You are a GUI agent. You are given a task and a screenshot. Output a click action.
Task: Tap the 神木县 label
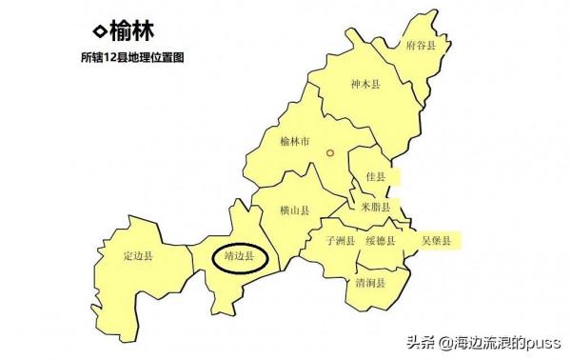(x=364, y=85)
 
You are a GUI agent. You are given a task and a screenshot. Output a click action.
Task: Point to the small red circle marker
(x=330, y=151)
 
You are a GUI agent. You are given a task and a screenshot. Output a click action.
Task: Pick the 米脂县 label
(x=376, y=207)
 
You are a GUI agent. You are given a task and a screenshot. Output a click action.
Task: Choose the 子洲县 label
(x=340, y=240)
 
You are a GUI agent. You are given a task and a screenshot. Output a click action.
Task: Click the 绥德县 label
(x=381, y=240)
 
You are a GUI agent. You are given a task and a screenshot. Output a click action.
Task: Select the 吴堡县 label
(x=436, y=239)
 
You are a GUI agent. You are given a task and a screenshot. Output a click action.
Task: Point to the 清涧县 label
(x=370, y=283)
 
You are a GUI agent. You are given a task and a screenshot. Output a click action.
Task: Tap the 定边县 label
(x=139, y=256)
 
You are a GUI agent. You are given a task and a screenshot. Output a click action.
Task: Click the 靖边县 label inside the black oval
(x=238, y=256)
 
